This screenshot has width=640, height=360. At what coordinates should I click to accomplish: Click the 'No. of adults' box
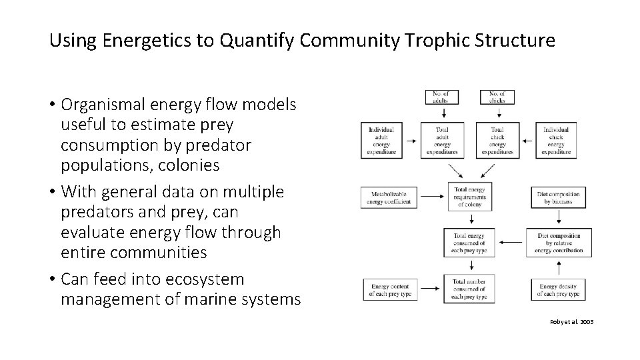click(441, 97)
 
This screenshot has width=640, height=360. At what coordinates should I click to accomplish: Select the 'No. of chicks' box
click(497, 97)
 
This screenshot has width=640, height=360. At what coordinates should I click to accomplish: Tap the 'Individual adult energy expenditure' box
click(381, 141)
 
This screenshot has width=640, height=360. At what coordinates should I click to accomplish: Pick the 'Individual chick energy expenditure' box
click(556, 141)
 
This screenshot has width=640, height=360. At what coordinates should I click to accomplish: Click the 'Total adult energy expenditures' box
click(441, 141)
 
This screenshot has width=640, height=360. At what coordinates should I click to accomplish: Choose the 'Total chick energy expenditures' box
click(497, 141)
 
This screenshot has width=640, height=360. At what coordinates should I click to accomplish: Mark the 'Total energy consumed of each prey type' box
click(469, 243)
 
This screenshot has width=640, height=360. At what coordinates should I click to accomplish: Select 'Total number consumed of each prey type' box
click(469, 289)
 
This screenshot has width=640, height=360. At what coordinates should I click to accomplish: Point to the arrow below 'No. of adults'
click(441, 114)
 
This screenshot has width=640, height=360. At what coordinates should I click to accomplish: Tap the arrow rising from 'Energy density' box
click(558, 268)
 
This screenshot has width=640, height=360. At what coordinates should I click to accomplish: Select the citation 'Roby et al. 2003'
click(571, 322)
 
